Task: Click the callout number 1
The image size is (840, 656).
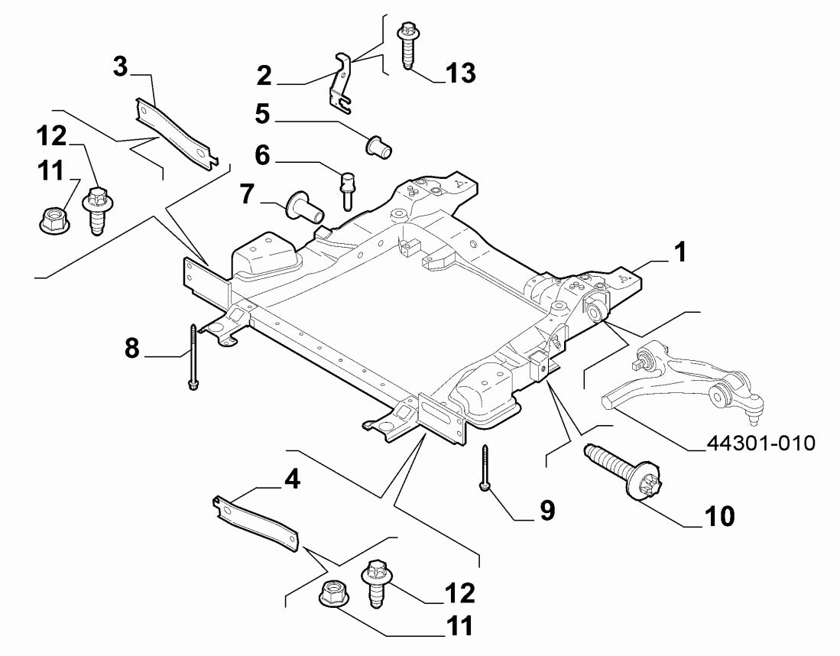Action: point(679,252)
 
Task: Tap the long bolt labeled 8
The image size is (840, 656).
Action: point(193,356)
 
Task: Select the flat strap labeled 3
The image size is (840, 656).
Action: point(175,131)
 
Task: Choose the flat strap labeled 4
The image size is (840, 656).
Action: point(253,520)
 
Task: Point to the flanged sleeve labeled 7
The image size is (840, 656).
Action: point(303,206)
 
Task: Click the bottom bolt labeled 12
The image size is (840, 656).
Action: point(376,583)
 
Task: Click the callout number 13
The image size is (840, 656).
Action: point(461,73)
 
